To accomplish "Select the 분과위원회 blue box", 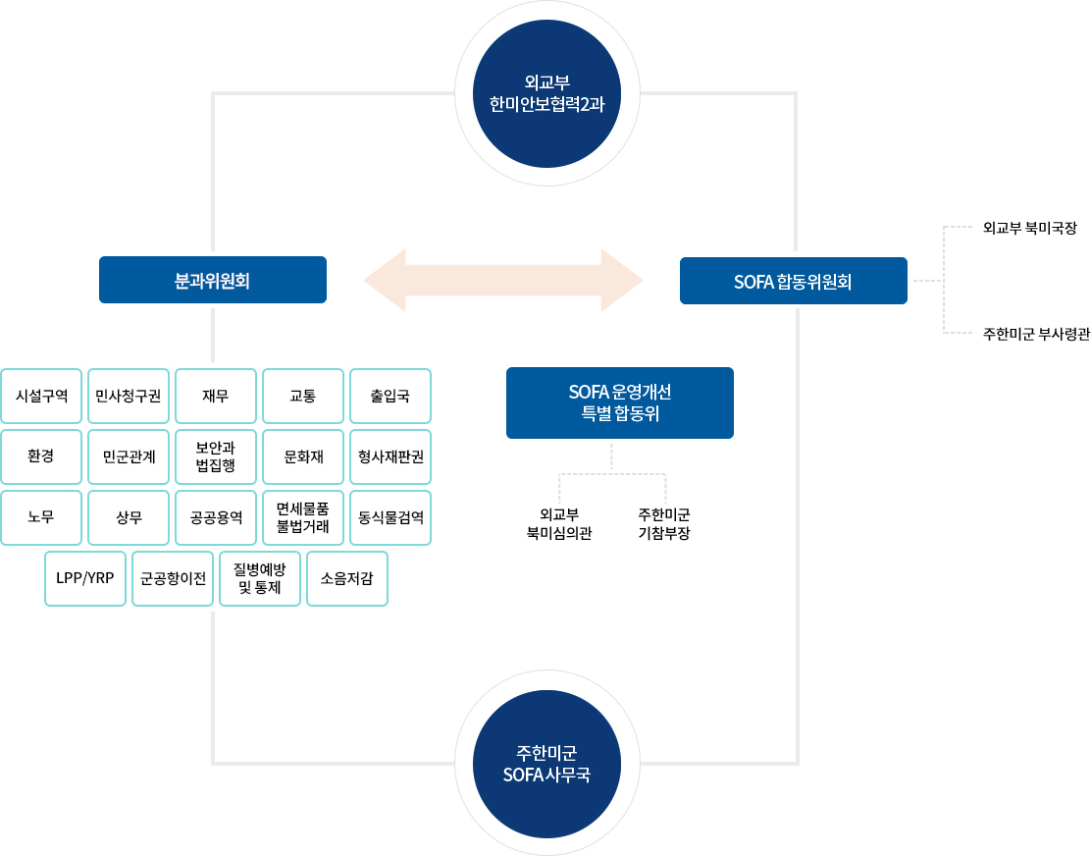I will point(212,280).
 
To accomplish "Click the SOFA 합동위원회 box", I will point(793,281).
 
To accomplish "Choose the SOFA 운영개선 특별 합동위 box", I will point(619,402).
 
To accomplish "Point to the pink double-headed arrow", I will point(502,281).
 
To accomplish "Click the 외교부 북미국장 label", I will point(1029,228).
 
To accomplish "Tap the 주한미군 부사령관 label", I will point(1035,334).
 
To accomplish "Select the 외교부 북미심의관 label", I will point(559,524).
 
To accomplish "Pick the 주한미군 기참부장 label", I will point(664,524).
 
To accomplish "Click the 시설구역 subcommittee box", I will point(42,397).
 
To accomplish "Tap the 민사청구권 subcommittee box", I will point(129,397).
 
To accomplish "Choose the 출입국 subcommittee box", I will point(390,397).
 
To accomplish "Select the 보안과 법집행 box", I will point(215,456).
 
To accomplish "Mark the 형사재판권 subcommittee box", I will point(390,456).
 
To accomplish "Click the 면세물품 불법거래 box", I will point(302,517).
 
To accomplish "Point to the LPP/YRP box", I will point(85,578).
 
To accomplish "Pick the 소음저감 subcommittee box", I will point(346,578).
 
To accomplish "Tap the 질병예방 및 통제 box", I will point(260,578).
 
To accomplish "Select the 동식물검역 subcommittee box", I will point(390,517).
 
